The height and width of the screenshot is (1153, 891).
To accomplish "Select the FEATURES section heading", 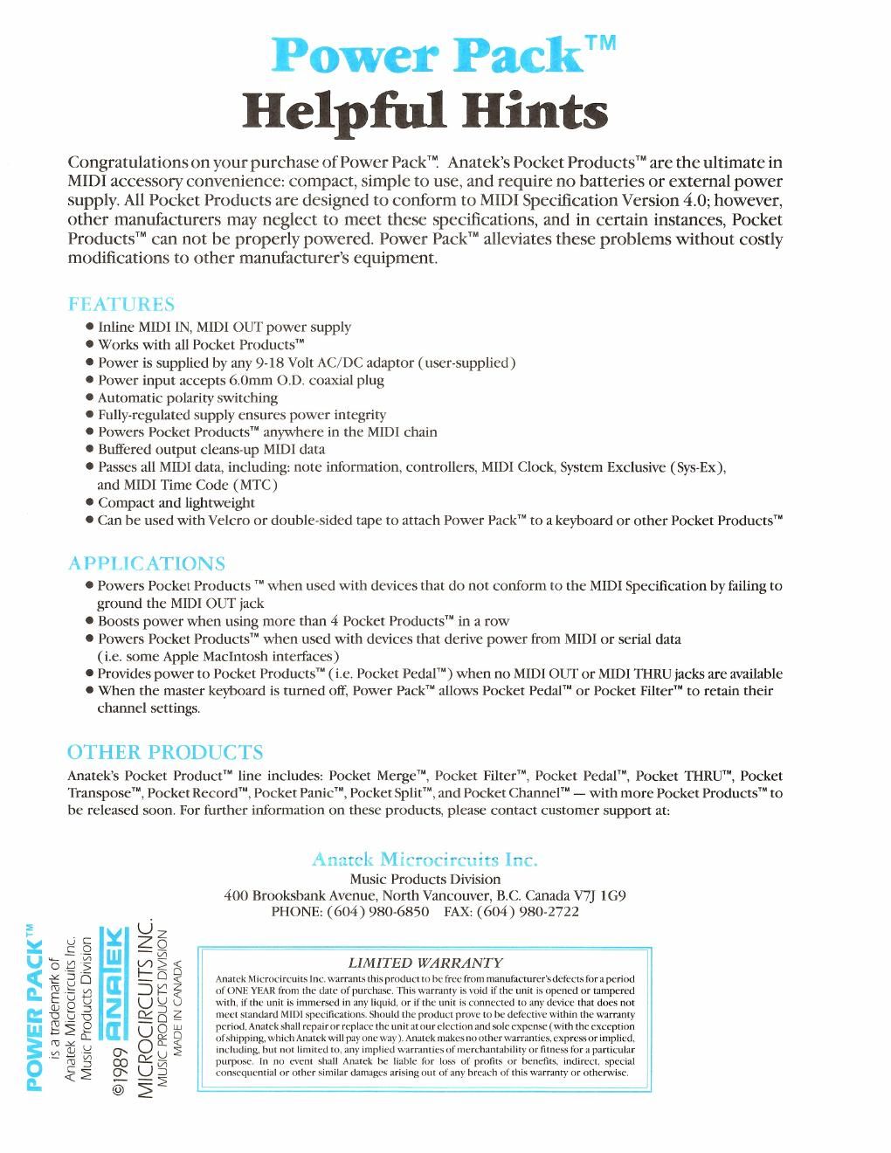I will (x=121, y=304).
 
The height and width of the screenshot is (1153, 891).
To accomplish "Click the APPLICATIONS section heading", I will (x=146, y=563).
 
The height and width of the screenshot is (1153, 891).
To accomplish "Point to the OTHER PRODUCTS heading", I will (x=165, y=752).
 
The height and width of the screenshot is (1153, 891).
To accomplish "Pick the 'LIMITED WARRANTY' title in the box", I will (x=425, y=963).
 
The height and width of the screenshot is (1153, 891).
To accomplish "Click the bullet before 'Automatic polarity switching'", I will (x=90, y=397).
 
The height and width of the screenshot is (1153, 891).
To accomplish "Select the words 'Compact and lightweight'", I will (x=176, y=502).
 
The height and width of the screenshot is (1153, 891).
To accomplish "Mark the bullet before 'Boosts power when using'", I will (x=90, y=622).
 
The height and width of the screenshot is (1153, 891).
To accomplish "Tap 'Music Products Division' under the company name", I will (x=425, y=879).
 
